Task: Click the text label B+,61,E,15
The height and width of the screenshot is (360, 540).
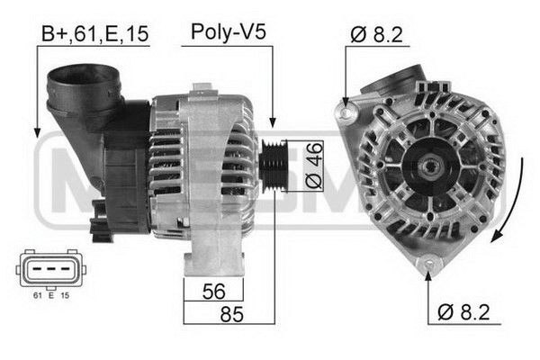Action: tap(95, 34)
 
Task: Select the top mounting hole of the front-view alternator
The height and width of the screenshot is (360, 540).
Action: tap(345, 113)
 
